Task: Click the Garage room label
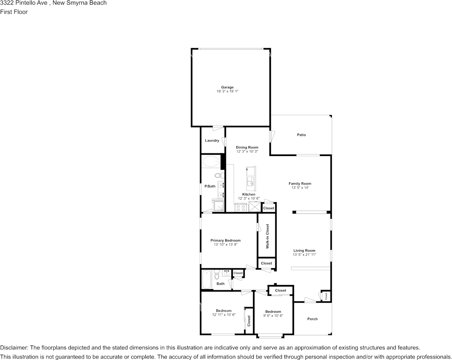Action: click(x=227, y=87)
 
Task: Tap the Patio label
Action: click(x=301, y=135)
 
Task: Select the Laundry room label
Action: click(x=212, y=140)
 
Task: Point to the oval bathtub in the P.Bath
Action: click(x=211, y=162)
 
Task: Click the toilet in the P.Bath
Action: click(x=218, y=176)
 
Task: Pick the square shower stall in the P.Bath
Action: click(x=218, y=206)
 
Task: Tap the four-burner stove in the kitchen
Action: click(x=241, y=207)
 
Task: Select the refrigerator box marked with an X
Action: click(x=254, y=207)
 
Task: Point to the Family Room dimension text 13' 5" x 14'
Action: click(x=300, y=188)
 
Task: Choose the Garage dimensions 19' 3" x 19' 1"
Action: click(x=227, y=91)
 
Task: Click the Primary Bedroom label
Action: click(x=225, y=240)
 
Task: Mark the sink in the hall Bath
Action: click(x=227, y=273)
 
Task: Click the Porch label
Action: click(x=312, y=319)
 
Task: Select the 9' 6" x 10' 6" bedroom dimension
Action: click(x=273, y=316)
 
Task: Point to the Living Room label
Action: click(x=304, y=250)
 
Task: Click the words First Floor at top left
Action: click(x=14, y=12)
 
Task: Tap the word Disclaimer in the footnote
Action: click(x=14, y=347)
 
